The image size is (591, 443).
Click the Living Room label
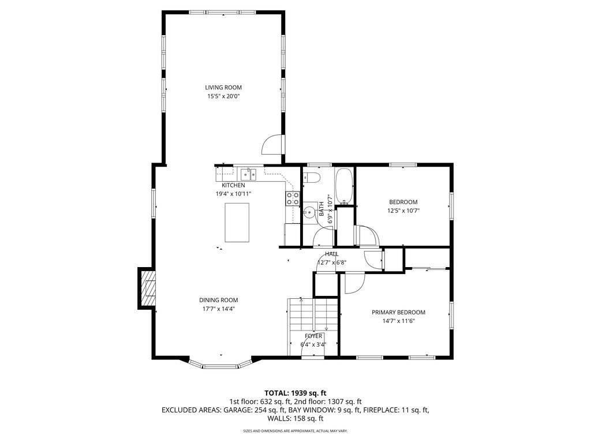click(223, 88)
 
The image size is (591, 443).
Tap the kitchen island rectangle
click(237, 222)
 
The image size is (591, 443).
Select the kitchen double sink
click(248, 174)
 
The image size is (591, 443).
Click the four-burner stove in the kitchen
click(293, 198)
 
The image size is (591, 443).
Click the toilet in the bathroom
click(312, 177)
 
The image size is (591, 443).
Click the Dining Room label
click(219, 300)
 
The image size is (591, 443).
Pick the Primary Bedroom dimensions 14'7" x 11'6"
click(398, 321)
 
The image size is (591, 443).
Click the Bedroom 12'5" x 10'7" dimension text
click(403, 211)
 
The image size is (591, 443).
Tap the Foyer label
click(313, 336)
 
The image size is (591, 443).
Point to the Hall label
click(332, 254)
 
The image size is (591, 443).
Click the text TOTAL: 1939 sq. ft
click(295, 393)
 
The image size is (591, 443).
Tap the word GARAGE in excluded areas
click(236, 410)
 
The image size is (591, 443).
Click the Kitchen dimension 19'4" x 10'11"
click(233, 194)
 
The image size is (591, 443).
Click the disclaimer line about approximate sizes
click(295, 430)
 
